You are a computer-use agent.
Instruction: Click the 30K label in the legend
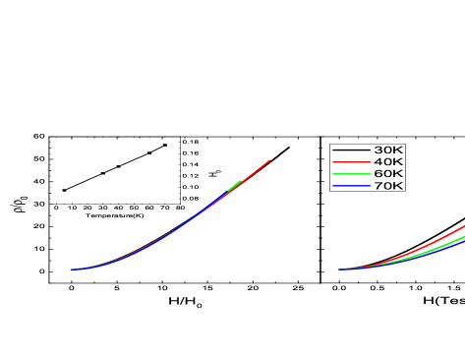387,150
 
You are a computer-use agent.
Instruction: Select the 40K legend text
387,162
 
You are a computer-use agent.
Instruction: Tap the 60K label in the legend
387,174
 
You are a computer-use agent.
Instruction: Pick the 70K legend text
387,186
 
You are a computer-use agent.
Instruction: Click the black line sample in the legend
351,150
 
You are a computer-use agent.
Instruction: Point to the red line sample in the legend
351,162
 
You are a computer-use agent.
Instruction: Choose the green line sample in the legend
351,174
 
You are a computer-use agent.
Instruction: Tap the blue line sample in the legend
351,186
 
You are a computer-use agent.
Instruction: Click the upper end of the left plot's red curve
269,160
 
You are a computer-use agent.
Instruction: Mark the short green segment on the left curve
235,184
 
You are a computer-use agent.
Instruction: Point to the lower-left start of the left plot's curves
71,270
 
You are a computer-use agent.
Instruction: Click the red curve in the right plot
433,242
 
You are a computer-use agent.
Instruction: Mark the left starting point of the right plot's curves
339,270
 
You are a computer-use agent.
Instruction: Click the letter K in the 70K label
397,186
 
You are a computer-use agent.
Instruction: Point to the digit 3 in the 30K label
378,150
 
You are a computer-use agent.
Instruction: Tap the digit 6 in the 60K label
378,174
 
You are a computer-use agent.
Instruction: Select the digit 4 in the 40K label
378,162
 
